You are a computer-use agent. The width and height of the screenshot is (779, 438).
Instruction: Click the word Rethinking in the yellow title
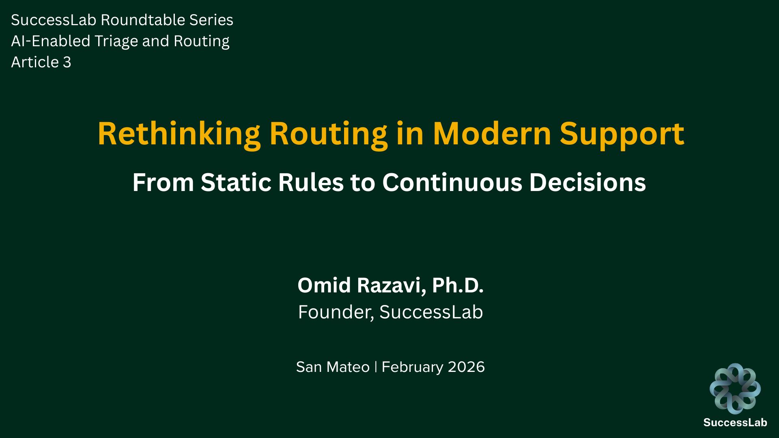[x=179, y=134]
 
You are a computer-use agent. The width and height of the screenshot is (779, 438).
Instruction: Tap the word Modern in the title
[x=492, y=134]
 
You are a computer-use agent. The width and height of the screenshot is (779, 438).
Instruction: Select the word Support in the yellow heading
[x=622, y=134]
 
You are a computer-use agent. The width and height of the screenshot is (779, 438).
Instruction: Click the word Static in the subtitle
[x=236, y=182]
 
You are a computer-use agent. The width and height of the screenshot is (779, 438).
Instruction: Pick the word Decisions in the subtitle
[x=587, y=182]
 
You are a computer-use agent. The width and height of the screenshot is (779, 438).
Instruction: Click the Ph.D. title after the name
[x=458, y=285]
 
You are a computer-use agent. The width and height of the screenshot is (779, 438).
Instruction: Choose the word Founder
[x=335, y=312]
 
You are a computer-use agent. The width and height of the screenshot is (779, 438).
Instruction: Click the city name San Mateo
[x=333, y=367]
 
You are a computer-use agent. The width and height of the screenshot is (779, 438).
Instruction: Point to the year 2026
[x=466, y=367]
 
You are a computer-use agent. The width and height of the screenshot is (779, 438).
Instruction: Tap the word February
[x=412, y=367]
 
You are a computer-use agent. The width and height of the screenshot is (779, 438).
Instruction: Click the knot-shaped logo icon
[x=735, y=388]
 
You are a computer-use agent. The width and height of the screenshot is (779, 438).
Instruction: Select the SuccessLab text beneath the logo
[x=735, y=423]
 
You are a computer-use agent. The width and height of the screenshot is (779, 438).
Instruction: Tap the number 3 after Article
[x=67, y=62]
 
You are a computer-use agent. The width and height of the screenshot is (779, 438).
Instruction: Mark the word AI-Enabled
[x=50, y=41]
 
